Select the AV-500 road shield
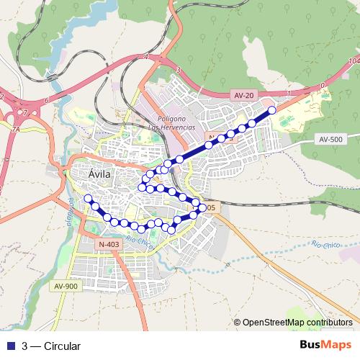click(332, 140)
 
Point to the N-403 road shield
click(107, 245)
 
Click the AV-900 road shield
click(65, 286)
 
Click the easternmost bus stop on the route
click(271, 110)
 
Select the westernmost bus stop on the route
click(89, 198)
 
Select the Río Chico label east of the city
click(327, 245)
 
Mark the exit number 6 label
click(45, 100)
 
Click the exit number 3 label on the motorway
click(176, 70)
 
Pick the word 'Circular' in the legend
click(62, 346)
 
